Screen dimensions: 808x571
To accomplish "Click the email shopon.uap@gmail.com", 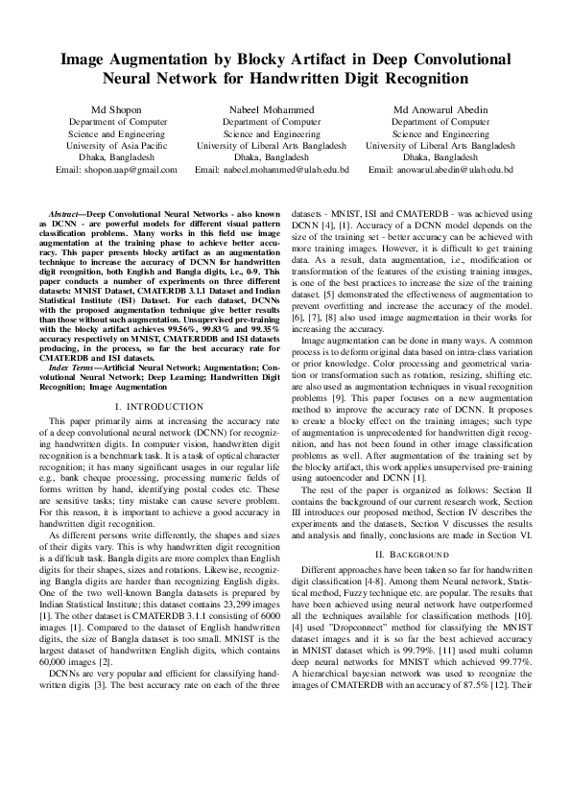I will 130,169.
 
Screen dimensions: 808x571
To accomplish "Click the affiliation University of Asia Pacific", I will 116,146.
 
